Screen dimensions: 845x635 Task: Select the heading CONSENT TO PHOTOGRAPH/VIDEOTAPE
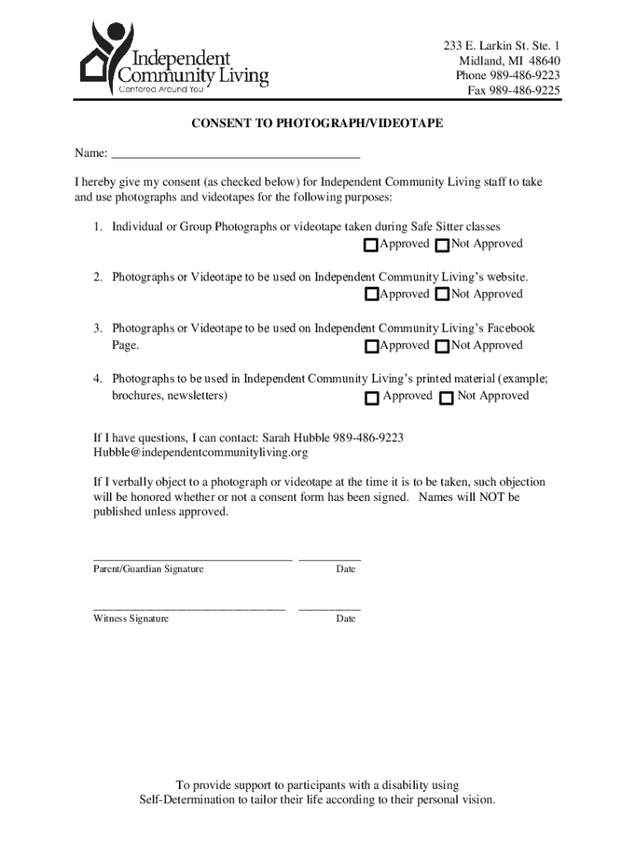pos(317,123)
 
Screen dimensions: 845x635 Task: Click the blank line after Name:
pos(235,153)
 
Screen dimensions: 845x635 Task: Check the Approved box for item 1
pos(371,245)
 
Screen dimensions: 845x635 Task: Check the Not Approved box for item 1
pos(442,245)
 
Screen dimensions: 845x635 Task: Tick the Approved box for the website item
pos(371,295)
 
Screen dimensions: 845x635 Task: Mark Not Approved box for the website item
pos(442,295)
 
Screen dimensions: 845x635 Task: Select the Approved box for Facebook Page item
pos(371,346)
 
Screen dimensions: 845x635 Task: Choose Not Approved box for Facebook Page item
pos(442,346)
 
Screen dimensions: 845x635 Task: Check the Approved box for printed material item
pos(371,398)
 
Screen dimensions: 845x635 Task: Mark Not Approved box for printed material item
pos(446,398)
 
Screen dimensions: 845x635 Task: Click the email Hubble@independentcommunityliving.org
pos(200,453)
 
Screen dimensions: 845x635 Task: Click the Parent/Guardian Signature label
pos(148,569)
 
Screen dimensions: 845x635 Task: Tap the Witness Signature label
pos(131,618)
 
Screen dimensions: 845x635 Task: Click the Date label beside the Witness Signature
pos(346,618)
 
